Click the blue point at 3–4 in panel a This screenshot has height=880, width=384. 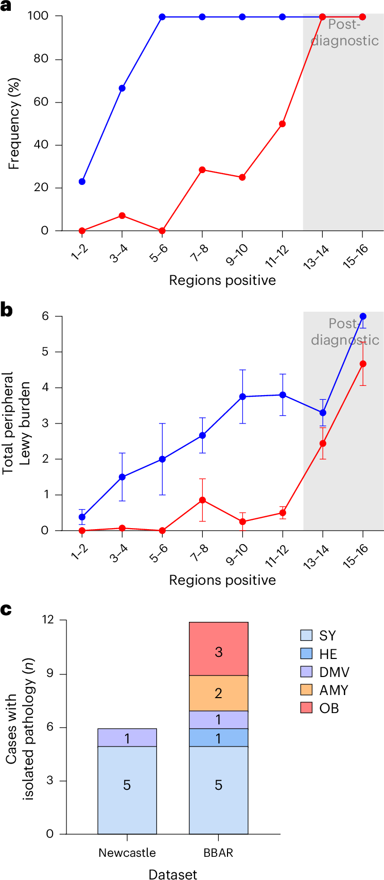coord(122,88)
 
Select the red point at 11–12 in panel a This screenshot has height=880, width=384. coord(283,124)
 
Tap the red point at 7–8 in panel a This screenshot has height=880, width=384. coord(202,170)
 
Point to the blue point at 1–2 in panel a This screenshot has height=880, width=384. coord(82,181)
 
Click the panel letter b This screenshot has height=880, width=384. coord(7,311)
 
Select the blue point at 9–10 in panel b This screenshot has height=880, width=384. coord(242,397)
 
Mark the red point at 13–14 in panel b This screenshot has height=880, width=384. coord(323,443)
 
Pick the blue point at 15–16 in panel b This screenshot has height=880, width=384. coord(363,316)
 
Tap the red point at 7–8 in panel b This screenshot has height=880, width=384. coord(202,500)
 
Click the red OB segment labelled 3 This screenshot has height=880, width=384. coord(218,652)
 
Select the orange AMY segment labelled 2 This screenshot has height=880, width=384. coord(218,693)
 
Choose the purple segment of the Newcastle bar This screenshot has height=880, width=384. coord(127,737)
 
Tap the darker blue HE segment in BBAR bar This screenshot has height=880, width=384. coord(218,737)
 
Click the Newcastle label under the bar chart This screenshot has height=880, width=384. coord(127,853)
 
